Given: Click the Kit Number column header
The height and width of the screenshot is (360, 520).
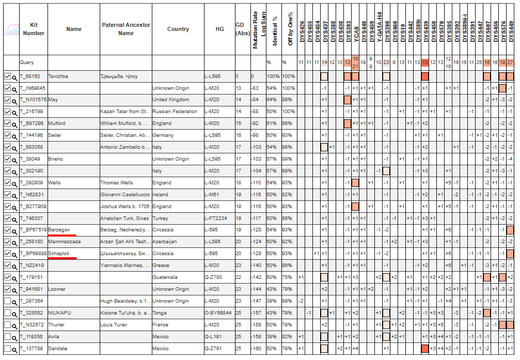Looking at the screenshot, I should (x=34, y=29).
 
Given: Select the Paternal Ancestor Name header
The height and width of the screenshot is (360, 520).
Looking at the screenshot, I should (x=126, y=29).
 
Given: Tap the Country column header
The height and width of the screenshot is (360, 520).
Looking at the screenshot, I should (x=178, y=29).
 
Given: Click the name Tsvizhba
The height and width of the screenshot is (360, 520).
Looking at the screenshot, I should (x=58, y=76).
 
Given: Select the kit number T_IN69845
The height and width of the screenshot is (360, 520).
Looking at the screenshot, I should (x=32, y=88).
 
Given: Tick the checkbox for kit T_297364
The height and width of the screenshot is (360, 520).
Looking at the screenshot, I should (x=7, y=301).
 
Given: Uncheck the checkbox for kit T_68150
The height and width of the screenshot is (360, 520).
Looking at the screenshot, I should (x=7, y=76).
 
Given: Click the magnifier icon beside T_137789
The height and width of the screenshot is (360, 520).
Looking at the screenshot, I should (x=14, y=349).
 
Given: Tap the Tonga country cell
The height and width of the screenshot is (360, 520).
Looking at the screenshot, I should (x=160, y=313).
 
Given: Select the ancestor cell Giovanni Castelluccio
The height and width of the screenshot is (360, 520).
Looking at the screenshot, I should (x=125, y=195).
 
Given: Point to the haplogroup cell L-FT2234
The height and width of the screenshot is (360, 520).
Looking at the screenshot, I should (x=216, y=218).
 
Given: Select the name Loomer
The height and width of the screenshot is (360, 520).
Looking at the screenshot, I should (x=57, y=289).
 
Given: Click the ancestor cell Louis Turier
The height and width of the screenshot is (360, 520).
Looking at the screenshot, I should (x=114, y=325).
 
